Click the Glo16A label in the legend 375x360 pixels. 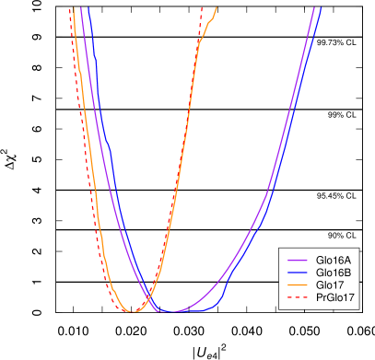pyautogui.click(x=332, y=261)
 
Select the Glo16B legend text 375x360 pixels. pyautogui.click(x=332, y=273)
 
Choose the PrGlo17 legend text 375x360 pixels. pyautogui.click(x=335, y=298)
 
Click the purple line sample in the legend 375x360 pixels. pyautogui.click(x=297, y=261)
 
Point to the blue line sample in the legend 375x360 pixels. pyautogui.click(x=297, y=273)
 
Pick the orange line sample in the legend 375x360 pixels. pyautogui.click(x=297, y=285)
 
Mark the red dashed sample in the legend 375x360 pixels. pyautogui.click(x=297, y=298)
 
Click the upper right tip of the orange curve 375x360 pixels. pyautogui.click(x=217, y=8)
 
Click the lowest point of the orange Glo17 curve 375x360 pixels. pyautogui.click(x=134, y=311)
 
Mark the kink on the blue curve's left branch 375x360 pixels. pyautogui.click(x=109, y=143)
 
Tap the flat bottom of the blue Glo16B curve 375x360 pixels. pyautogui.click(x=184, y=312)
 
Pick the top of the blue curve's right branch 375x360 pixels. pyautogui.click(x=320, y=8)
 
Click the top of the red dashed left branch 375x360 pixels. pyautogui.click(x=70, y=8)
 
